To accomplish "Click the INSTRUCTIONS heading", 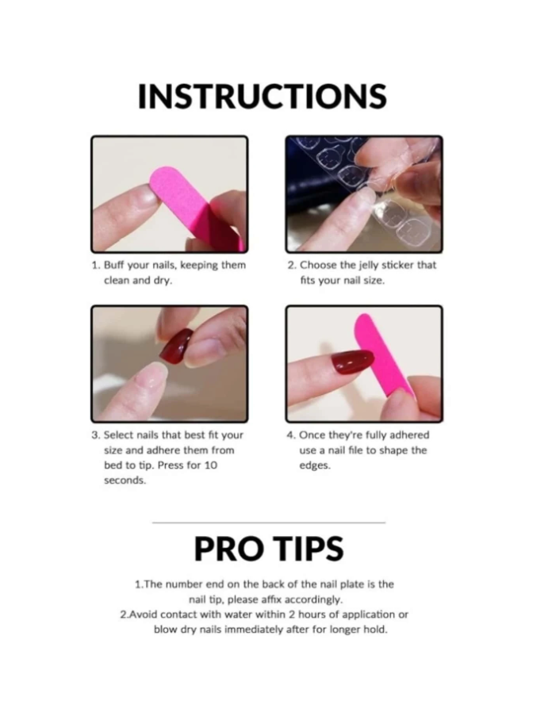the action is point(262,96).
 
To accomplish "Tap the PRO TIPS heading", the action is point(269,549).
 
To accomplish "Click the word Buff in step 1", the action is point(114,265).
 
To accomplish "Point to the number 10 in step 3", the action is point(210,465).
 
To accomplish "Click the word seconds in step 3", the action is point(125,481).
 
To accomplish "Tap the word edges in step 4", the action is point(315,465).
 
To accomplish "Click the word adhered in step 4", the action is point(409,435).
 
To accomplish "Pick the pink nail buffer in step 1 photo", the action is point(197,207).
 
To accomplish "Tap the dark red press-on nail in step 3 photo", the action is point(177,346).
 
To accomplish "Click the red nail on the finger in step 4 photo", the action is point(352,362).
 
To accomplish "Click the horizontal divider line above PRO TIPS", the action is point(269,523).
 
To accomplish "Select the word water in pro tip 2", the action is point(238,615).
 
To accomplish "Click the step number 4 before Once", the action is point(290,435).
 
